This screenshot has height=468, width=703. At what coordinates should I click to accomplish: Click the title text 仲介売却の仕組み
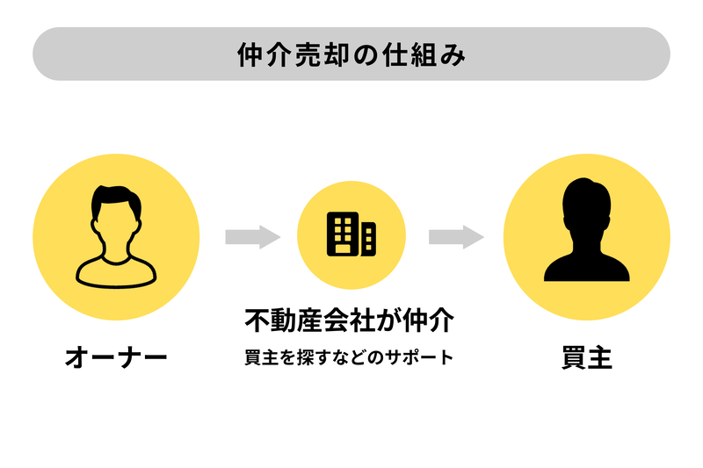pos(351,54)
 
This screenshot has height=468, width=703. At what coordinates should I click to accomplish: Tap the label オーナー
pos(116,358)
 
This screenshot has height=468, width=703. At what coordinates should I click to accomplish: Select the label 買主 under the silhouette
pos(586,358)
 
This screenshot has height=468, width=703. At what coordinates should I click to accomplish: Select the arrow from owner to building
pos(252,236)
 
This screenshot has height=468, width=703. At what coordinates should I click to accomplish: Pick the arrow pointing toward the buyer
pos(456,236)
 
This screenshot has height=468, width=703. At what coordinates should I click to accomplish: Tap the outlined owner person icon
pos(116,236)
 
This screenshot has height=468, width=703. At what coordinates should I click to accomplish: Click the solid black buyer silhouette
pos(586,233)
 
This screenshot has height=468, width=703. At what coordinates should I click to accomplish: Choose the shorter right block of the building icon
pos(367,239)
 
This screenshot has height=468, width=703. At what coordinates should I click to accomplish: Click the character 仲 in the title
pos(250,54)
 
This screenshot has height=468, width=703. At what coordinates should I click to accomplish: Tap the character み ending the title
pos(453,54)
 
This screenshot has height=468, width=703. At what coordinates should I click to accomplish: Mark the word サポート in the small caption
pos(425,358)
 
